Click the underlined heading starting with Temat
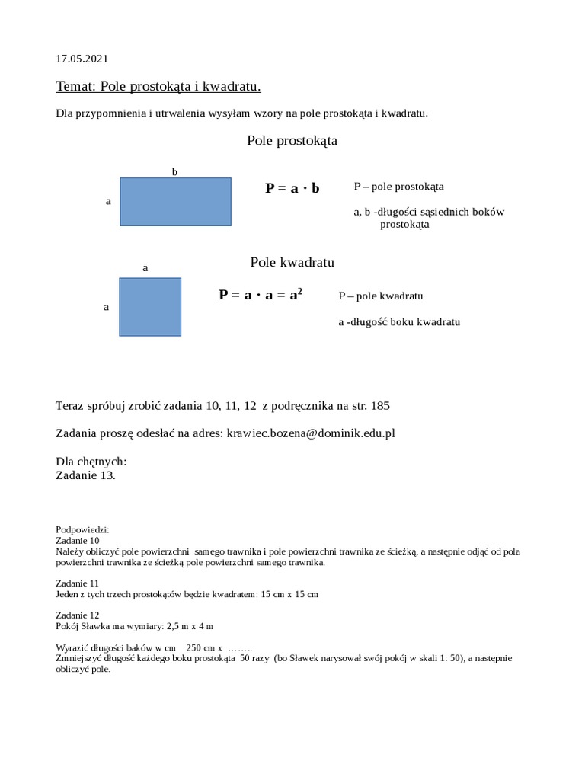[x=158, y=87]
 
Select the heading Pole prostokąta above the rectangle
[x=292, y=141]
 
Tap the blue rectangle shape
[x=175, y=202]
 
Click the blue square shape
[x=150, y=307]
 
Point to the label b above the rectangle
[x=174, y=172]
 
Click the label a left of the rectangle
[x=108, y=202]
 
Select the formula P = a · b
[x=292, y=188]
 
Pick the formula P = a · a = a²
[x=261, y=295]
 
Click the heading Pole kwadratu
[x=292, y=263]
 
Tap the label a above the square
[x=145, y=268]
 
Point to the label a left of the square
[x=106, y=307]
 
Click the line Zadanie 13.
[x=86, y=475]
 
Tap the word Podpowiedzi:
[x=83, y=529]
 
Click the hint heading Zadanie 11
[x=78, y=583]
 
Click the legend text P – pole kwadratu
[x=381, y=296]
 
